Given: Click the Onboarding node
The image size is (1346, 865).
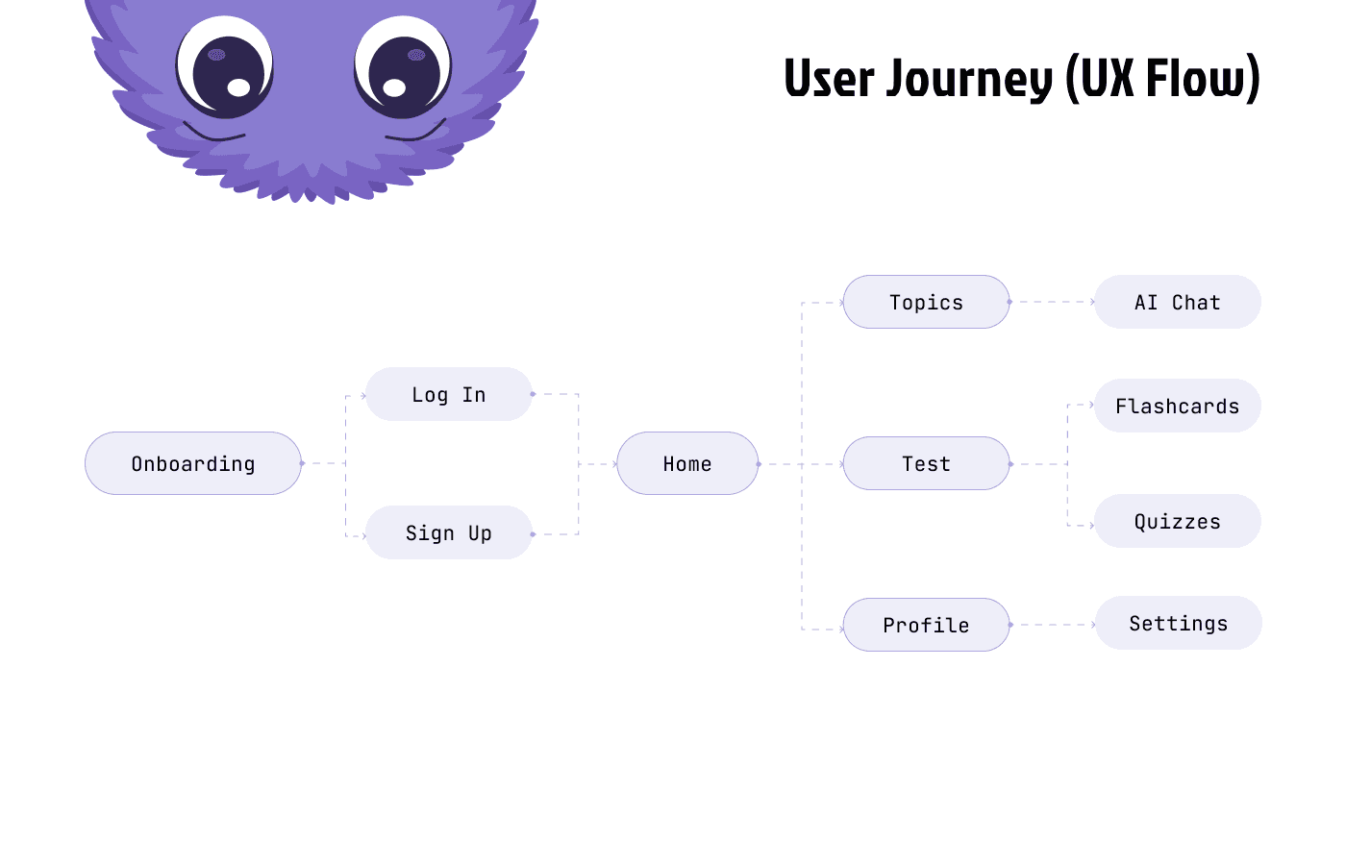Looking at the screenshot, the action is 193,463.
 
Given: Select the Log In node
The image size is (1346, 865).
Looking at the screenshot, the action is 449,394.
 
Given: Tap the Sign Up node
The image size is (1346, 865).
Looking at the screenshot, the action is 449,532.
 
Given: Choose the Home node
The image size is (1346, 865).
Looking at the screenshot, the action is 687,463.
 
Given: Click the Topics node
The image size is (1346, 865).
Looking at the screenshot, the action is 926,302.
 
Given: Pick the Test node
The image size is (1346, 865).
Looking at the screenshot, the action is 926,463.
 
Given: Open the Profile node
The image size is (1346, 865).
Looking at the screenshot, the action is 926,625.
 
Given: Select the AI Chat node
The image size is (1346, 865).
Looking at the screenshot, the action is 1178,302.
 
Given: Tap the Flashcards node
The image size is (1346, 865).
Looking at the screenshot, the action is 1178,406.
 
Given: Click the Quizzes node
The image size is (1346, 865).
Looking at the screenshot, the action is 1178,521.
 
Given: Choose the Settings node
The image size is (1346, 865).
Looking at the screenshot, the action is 1179,623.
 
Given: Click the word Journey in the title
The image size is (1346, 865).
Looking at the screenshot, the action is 969,79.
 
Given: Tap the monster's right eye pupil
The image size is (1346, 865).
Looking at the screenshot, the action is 404,76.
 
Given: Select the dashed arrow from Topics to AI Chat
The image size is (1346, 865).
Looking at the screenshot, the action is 1053,302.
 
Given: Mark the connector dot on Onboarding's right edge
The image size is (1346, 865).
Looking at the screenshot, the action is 302,463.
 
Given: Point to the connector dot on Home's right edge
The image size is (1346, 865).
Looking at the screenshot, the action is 759,463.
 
